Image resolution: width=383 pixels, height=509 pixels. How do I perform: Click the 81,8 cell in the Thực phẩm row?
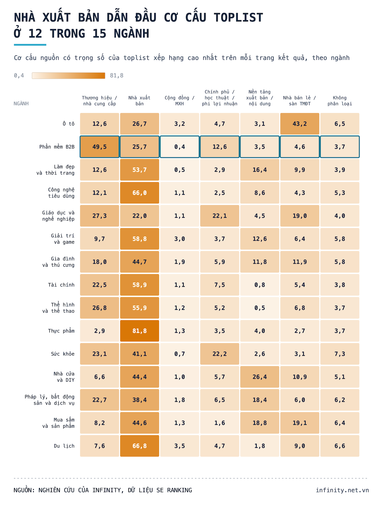point(139,331)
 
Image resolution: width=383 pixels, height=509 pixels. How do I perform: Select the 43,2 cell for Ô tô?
point(300,124)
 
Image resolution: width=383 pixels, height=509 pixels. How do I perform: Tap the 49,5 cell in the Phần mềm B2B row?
point(100,147)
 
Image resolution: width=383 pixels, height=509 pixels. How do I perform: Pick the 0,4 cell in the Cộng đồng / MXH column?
point(179,147)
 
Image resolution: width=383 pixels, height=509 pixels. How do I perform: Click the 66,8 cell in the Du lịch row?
point(139,446)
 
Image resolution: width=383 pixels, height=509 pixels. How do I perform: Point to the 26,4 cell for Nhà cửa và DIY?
point(260,377)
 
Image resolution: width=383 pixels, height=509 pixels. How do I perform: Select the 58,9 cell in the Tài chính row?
point(139,285)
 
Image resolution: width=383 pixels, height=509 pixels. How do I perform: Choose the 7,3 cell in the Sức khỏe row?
point(340,354)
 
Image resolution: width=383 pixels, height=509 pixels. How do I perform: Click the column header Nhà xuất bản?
point(139,101)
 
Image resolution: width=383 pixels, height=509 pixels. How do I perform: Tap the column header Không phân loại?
point(340,101)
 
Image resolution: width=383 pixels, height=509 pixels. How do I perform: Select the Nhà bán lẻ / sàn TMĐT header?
point(300,101)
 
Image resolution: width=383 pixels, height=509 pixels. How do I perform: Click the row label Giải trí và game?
point(63,239)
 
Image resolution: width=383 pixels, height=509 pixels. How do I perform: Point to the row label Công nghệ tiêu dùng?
point(61,193)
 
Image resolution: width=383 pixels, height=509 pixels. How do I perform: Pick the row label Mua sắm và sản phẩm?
point(58,423)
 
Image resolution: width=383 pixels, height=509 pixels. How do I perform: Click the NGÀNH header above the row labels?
point(21,104)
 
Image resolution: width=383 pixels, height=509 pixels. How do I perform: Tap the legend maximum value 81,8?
point(117,76)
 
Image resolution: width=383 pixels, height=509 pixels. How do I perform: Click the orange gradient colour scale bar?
point(69,76)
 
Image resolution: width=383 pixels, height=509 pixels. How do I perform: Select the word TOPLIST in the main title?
point(238,18)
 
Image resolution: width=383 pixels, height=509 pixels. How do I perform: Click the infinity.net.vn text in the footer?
point(342,490)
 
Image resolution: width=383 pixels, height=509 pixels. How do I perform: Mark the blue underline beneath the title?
point(30,45)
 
